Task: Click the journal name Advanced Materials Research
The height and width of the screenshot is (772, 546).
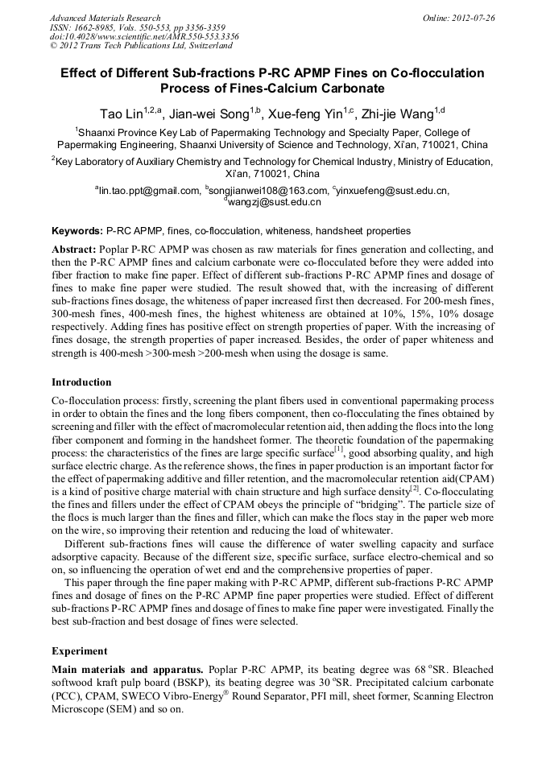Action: [x=105, y=18]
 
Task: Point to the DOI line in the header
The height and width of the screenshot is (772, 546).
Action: [x=143, y=36]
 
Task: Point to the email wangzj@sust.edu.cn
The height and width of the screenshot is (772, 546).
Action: [x=275, y=202]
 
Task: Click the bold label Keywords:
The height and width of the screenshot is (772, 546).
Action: [x=77, y=230]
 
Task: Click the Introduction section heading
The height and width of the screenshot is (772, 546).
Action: [x=81, y=382]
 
